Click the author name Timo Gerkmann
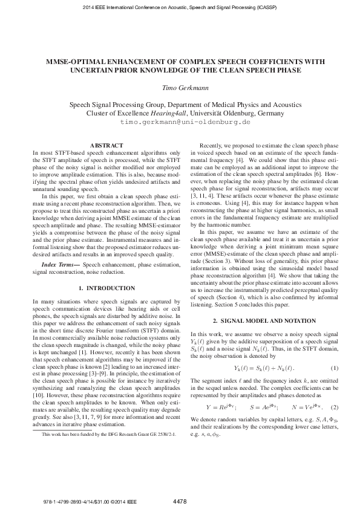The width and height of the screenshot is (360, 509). point(180,88)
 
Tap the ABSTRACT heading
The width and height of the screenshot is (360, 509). point(106,146)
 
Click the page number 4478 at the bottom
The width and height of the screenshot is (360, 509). point(180,501)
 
